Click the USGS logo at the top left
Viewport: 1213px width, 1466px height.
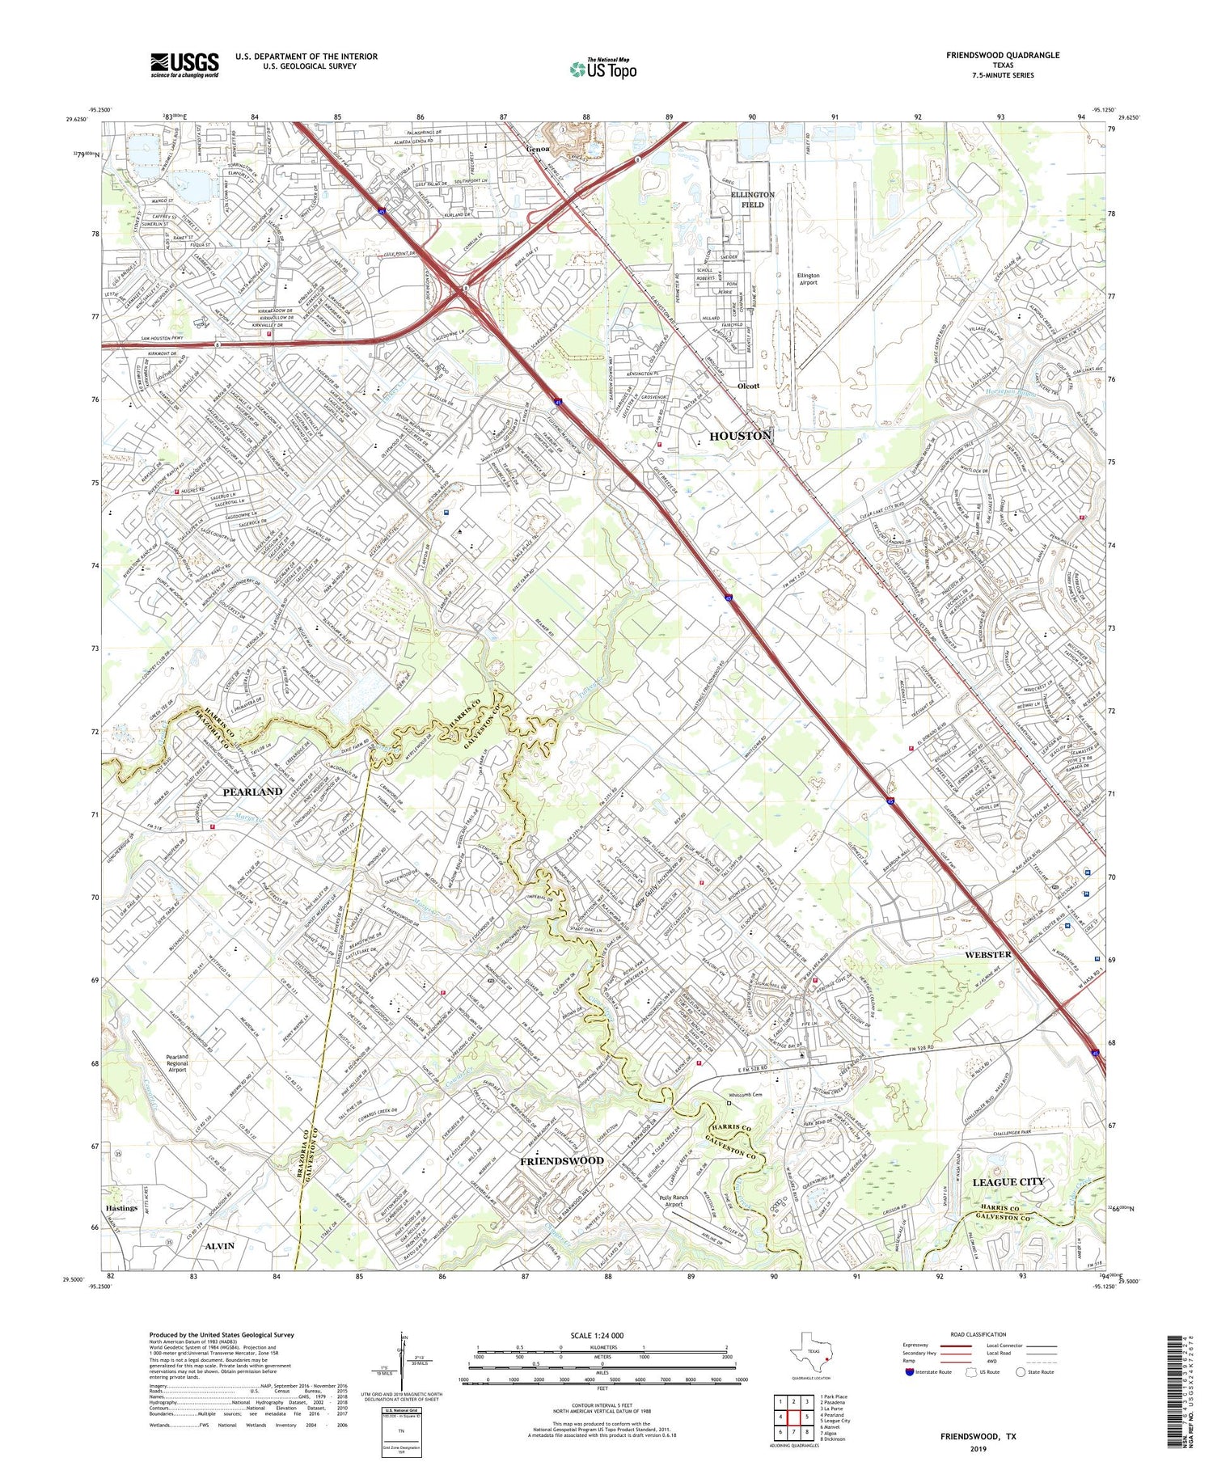(184, 65)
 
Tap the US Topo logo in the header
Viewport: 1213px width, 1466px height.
(602, 69)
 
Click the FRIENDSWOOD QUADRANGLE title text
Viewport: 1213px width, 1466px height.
(1003, 55)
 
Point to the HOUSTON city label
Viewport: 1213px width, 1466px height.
(740, 436)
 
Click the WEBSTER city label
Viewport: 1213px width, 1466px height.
(988, 955)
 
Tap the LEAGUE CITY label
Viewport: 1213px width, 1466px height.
(1008, 1181)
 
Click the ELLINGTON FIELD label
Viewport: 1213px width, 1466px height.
(752, 200)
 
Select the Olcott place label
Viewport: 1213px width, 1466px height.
(749, 386)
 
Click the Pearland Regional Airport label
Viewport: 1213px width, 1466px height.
(177, 1063)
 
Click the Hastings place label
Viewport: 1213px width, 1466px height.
(120, 1208)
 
